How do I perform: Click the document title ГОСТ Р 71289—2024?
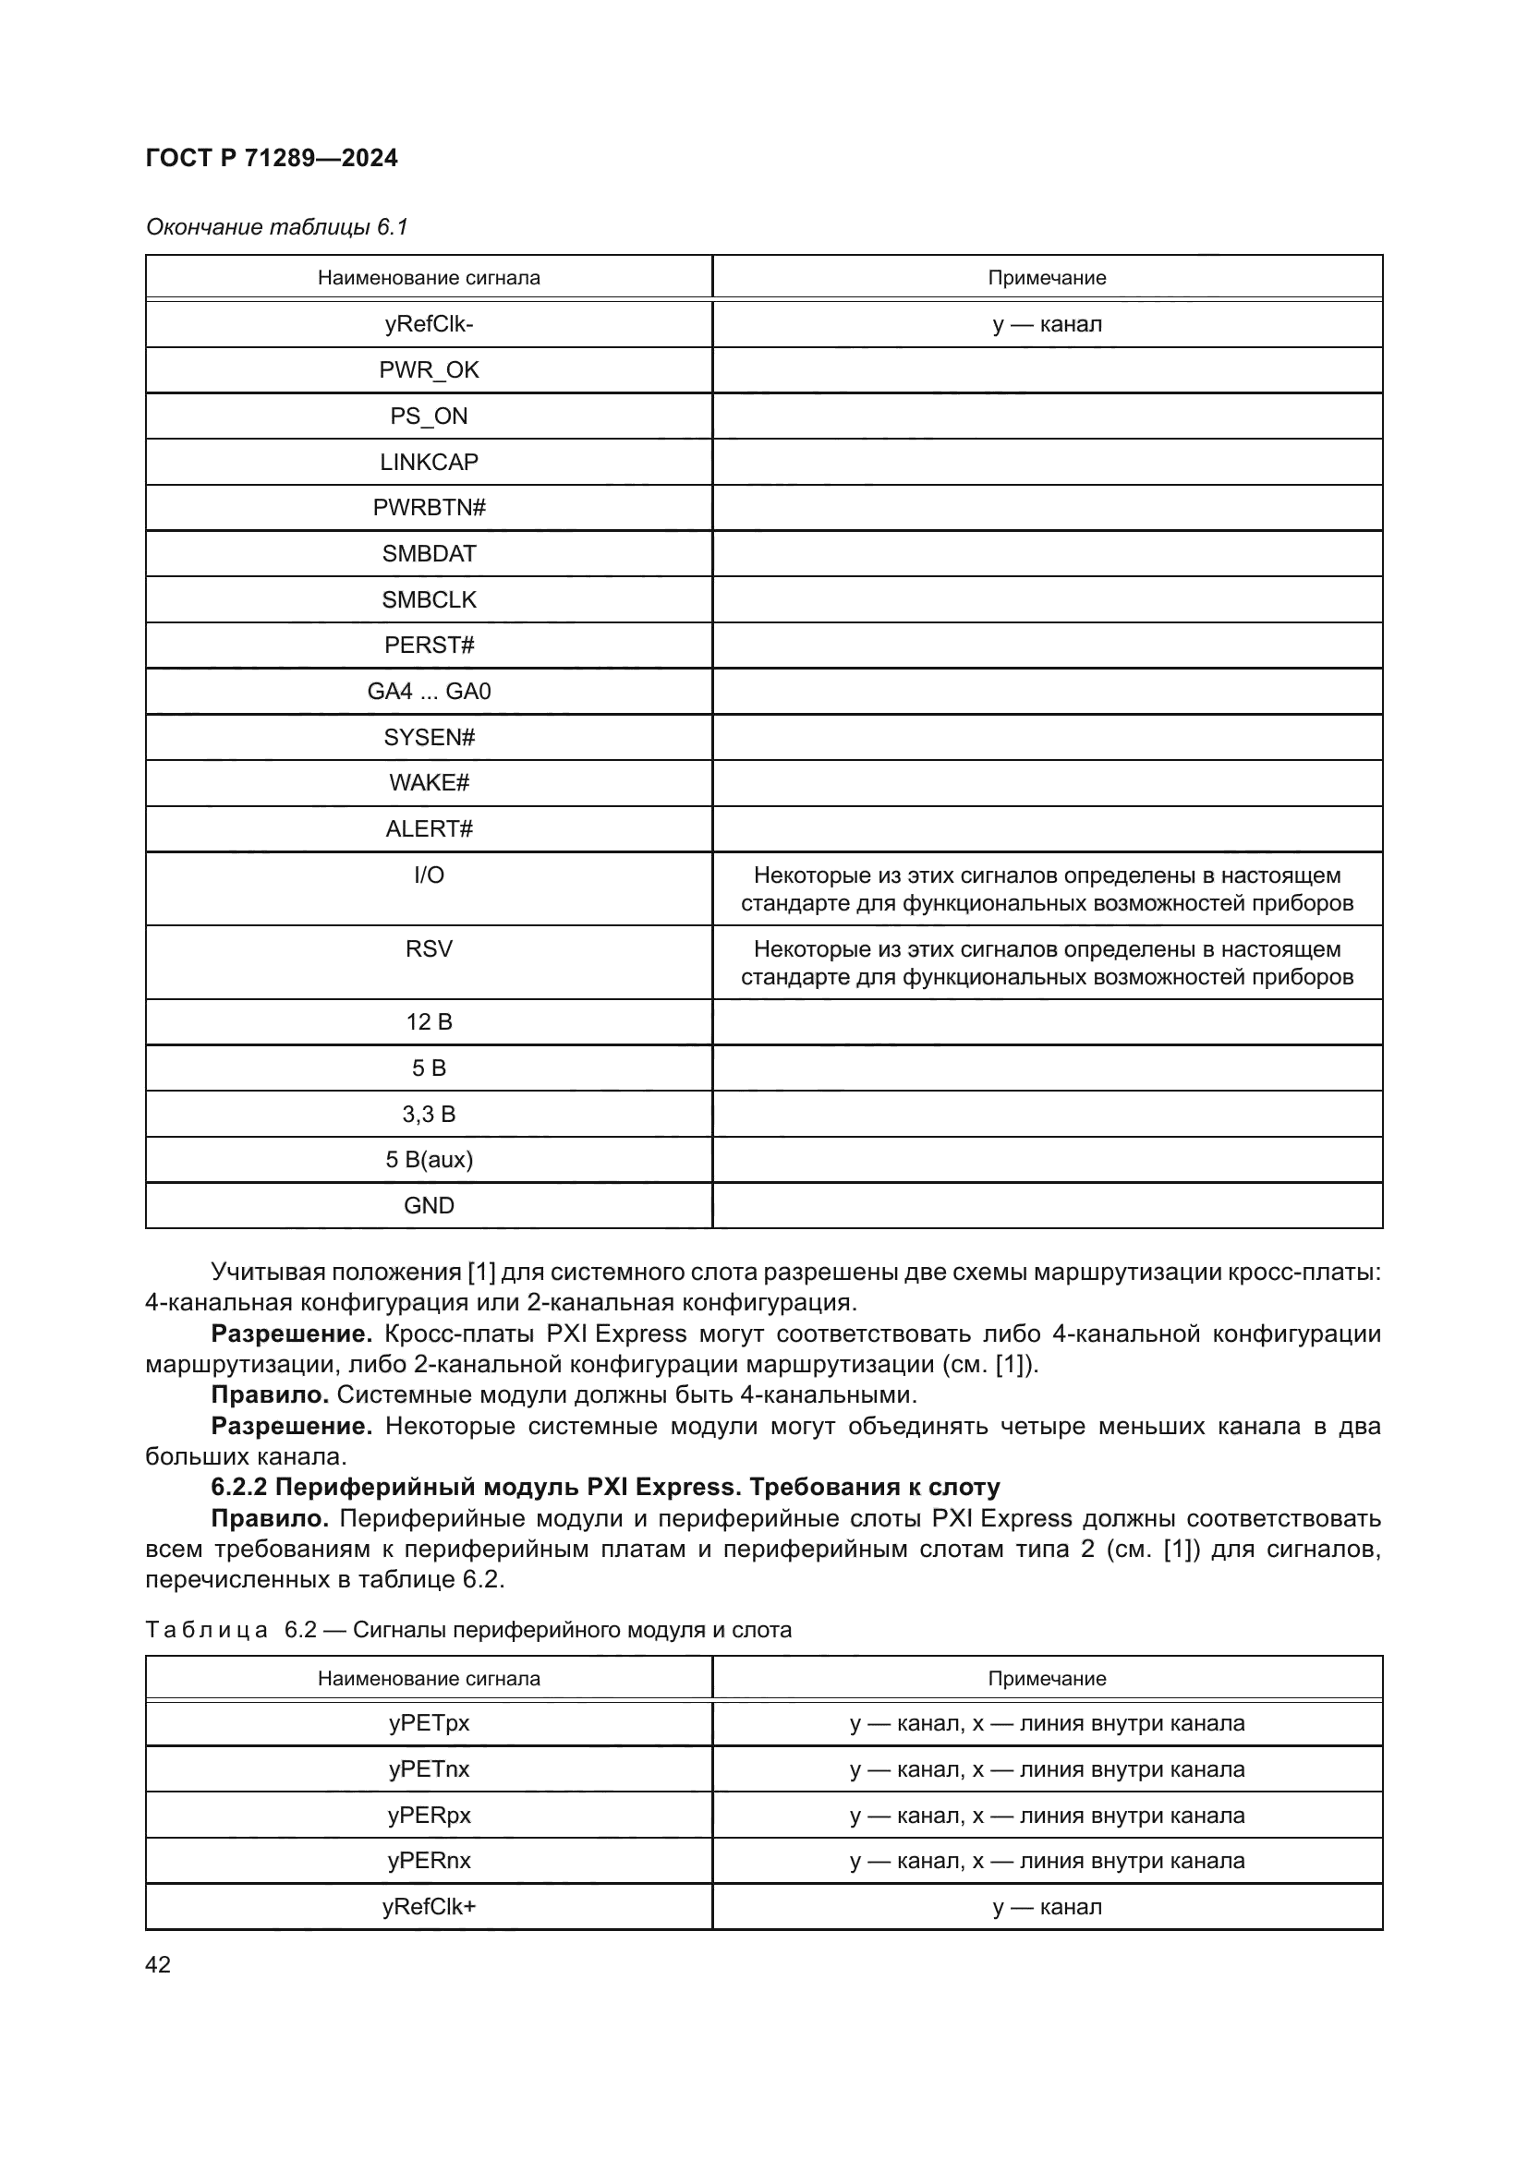[x=272, y=158]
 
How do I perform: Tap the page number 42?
[x=158, y=1964]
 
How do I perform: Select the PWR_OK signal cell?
[x=428, y=369]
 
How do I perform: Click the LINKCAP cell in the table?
[x=428, y=462]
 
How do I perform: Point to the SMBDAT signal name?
[x=428, y=553]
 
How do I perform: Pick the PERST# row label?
[x=428, y=646]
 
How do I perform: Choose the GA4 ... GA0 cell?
[x=428, y=692]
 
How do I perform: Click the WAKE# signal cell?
[x=428, y=783]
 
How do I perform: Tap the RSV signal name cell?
[x=428, y=948]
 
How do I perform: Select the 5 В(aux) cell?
[x=428, y=1160]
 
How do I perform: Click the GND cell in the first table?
[x=428, y=1205]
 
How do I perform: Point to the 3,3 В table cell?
[x=428, y=1114]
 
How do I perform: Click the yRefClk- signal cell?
[x=428, y=323]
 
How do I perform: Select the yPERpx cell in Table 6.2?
[x=428, y=1816]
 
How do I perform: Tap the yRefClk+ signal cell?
[x=428, y=1907]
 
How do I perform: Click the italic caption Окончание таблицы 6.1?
[x=276, y=227]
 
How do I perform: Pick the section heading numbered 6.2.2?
[x=605, y=1487]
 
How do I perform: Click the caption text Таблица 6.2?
[x=467, y=1629]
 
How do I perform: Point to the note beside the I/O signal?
[x=1047, y=889]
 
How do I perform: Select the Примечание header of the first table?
[x=1047, y=278]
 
